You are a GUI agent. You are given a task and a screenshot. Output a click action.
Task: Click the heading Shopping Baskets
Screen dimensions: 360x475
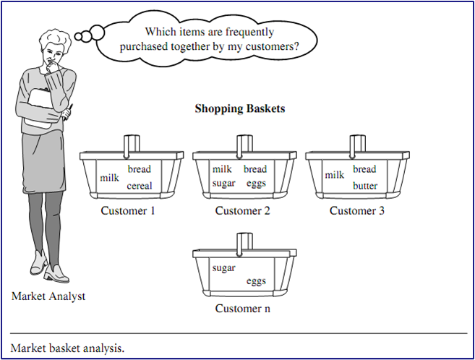(x=239, y=109)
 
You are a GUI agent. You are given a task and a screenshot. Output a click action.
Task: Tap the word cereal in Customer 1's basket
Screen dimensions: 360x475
(x=139, y=186)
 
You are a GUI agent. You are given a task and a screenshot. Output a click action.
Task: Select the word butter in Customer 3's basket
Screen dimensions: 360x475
(x=365, y=186)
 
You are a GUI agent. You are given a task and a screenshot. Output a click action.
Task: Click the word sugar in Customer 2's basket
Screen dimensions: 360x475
(x=224, y=183)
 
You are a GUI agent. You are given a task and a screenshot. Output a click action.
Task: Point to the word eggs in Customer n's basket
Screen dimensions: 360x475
(x=256, y=281)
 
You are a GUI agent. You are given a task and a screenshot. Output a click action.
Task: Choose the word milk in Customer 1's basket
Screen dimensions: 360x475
(x=109, y=177)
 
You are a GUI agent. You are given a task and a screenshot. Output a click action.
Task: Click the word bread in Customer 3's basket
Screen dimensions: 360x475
(x=364, y=169)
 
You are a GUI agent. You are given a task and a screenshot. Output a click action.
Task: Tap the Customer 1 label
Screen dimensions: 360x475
(x=128, y=211)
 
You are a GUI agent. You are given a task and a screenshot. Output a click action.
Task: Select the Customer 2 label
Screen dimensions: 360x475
(x=242, y=211)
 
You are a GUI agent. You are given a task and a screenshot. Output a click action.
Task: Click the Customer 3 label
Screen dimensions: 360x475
(x=356, y=211)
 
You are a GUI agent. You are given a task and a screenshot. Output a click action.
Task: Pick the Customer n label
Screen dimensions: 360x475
(x=242, y=309)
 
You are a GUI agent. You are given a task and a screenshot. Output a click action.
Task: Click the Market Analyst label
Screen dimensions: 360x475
(x=48, y=296)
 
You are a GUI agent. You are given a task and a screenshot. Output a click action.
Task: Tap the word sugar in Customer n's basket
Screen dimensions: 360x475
(x=224, y=268)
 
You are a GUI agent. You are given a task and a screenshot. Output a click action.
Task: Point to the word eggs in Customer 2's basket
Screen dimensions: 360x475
(x=256, y=183)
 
